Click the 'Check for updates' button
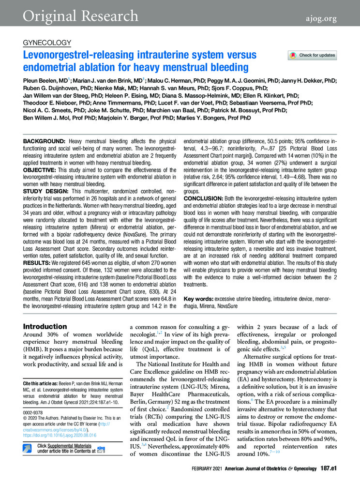click(x=312, y=55)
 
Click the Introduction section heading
click(x=45, y=327)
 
